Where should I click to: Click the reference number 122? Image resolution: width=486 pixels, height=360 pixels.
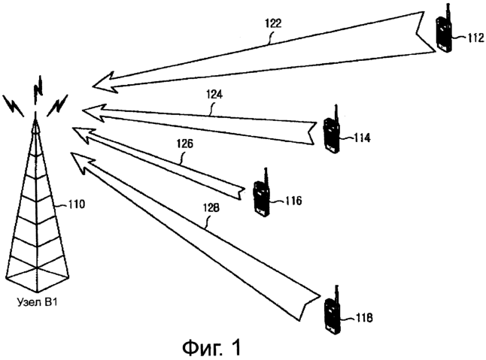(273, 23)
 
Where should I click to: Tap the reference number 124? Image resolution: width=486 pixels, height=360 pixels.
(214, 94)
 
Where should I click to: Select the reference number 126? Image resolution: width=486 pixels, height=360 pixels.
(185, 144)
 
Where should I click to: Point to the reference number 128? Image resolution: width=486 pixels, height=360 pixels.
(211, 208)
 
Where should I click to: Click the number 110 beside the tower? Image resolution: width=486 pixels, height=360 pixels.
(75, 204)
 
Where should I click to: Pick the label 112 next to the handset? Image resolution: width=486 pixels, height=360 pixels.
(475, 38)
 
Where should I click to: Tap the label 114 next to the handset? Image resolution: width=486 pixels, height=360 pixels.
(362, 138)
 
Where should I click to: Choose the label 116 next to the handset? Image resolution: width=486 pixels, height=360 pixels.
(293, 201)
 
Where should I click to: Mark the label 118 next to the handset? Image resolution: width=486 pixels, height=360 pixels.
(364, 318)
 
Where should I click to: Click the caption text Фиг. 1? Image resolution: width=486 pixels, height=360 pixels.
(211, 347)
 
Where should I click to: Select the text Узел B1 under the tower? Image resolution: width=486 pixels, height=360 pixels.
(37, 302)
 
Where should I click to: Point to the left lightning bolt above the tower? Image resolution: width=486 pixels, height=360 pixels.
(14, 105)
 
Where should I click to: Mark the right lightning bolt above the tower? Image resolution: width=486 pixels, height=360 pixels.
(57, 105)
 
